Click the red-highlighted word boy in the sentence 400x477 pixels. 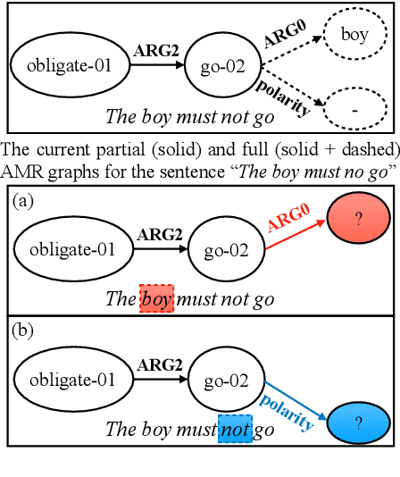click(156, 298)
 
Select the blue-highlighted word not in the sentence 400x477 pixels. click(236, 430)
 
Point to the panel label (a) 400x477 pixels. click(23, 202)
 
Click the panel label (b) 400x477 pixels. click(23, 332)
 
